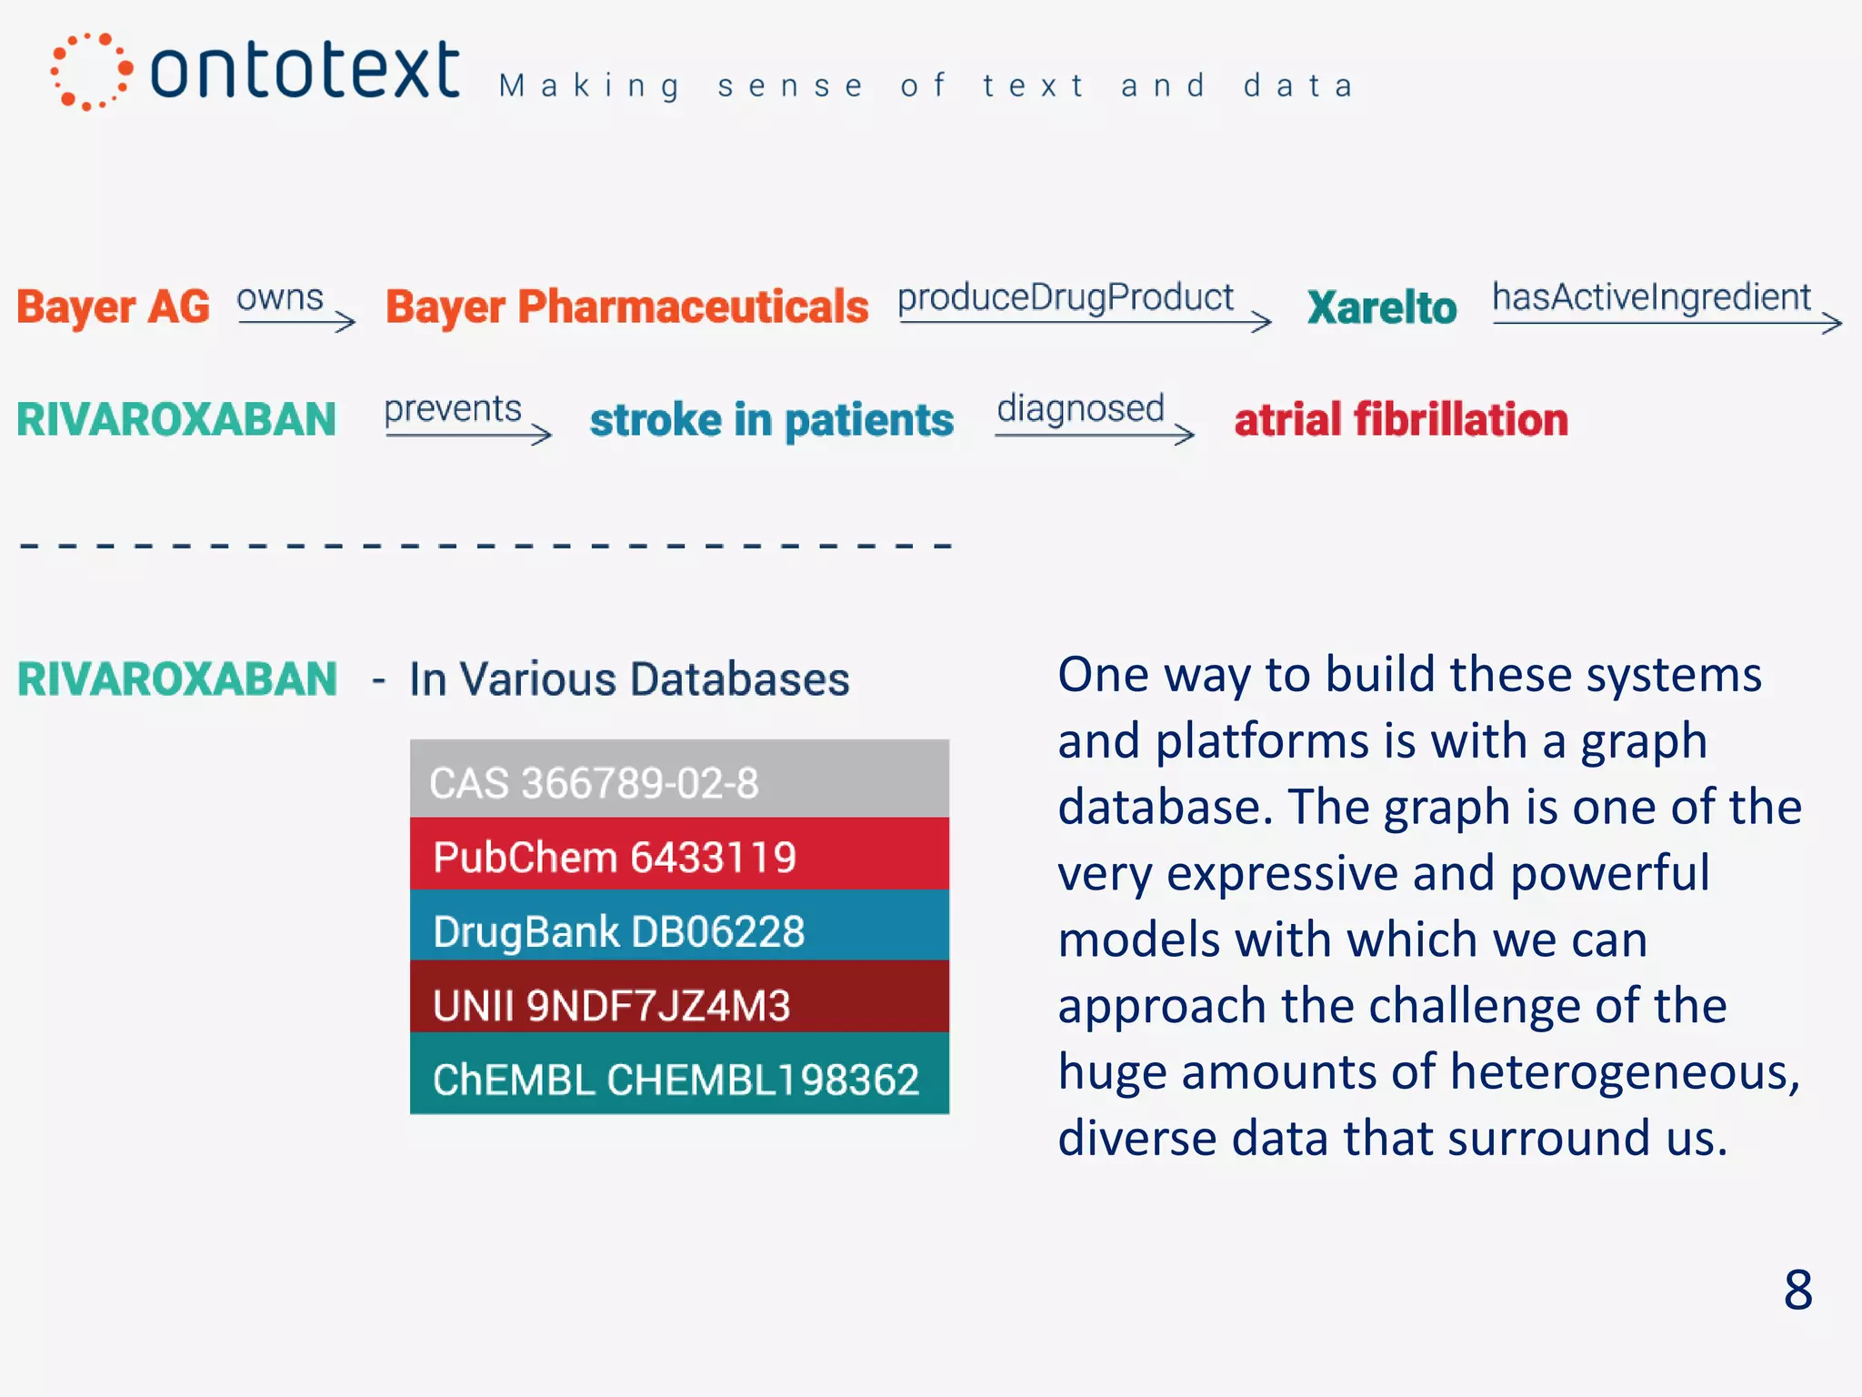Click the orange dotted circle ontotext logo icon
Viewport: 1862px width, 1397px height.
pyautogui.click(x=91, y=71)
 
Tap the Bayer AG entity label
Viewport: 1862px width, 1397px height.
pyautogui.click(x=114, y=307)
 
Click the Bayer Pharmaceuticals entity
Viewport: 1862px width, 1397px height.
pyautogui.click(x=626, y=307)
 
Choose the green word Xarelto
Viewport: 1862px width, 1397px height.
pyautogui.click(x=1382, y=307)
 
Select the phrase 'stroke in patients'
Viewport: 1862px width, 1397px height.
pyautogui.click(x=772, y=420)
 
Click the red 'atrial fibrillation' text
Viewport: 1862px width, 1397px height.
pyautogui.click(x=1401, y=420)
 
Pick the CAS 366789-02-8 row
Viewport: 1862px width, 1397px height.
pyautogui.click(x=679, y=780)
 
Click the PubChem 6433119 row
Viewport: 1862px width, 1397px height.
pyautogui.click(x=679, y=855)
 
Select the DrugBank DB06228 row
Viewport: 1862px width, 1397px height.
pyautogui.click(x=679, y=929)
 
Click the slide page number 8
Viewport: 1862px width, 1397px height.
pyautogui.click(x=1797, y=1290)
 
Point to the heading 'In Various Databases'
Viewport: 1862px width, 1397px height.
pyautogui.click(x=629, y=679)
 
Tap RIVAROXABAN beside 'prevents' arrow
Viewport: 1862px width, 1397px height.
pyautogui.click(x=176, y=420)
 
